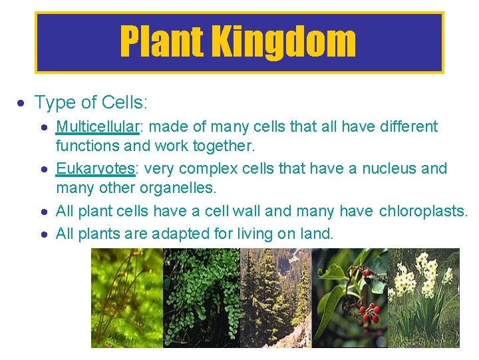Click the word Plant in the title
[x=162, y=42]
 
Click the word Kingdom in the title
[x=284, y=42]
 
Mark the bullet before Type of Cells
[x=21, y=103]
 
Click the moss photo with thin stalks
[x=126, y=297]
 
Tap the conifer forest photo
[x=275, y=297]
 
